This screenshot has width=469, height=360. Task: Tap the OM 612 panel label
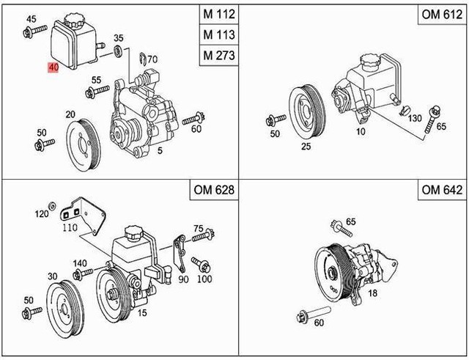437,14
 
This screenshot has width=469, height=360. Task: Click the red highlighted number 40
53,67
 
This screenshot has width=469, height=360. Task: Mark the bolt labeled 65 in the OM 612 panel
429,118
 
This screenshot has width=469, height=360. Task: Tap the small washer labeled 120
51,205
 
